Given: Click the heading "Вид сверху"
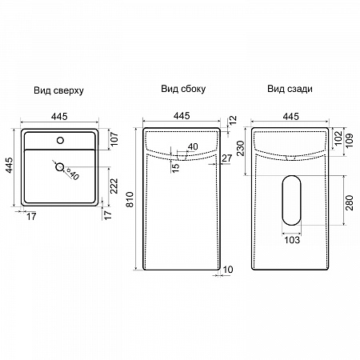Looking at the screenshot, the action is (58, 90).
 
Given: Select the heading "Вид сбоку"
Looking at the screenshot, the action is (183, 89).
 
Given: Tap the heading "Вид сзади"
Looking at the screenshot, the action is (290, 89).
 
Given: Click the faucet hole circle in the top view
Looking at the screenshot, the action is (61, 140).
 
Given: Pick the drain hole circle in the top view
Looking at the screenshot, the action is (59, 167).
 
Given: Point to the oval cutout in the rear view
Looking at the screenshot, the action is (292, 200).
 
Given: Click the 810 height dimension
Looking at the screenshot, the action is (130, 199).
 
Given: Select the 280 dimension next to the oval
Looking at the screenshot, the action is (350, 202).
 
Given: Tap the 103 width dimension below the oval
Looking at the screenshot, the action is (292, 240).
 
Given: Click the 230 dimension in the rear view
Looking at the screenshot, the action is (241, 148).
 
